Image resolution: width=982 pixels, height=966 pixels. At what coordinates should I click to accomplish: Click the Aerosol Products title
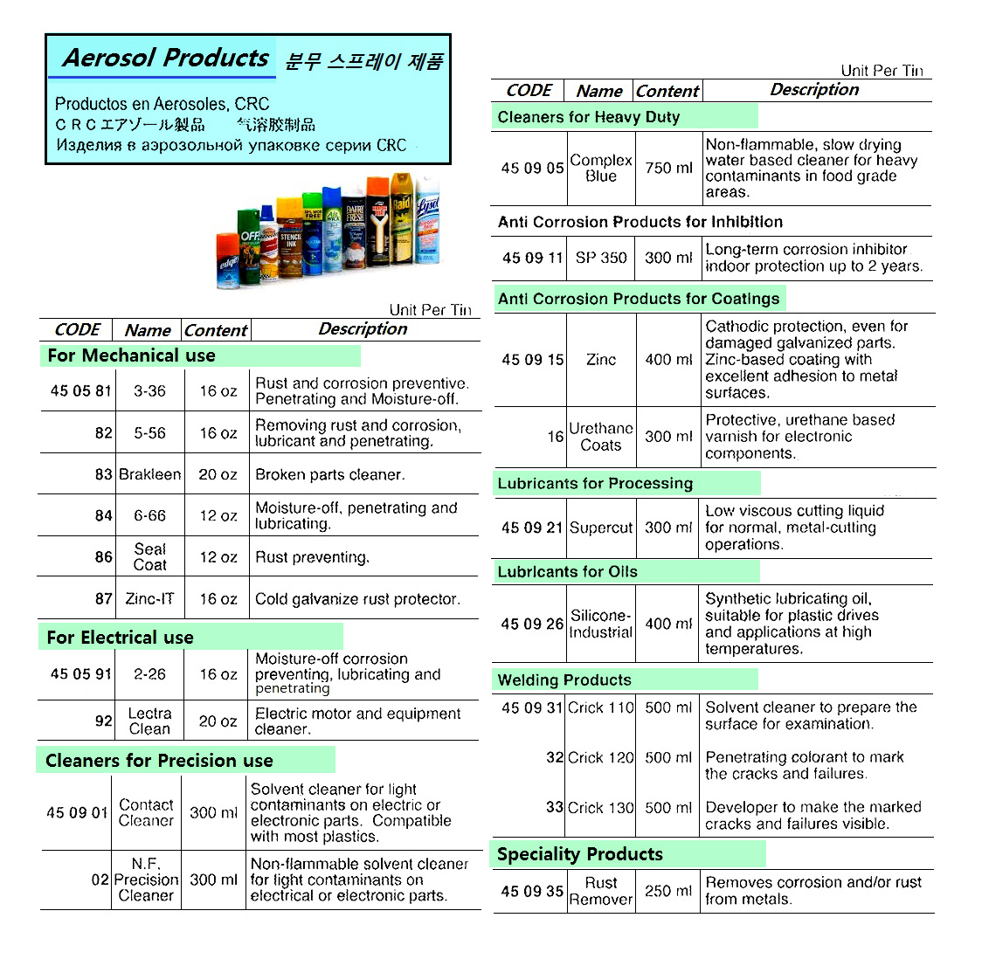click(x=166, y=59)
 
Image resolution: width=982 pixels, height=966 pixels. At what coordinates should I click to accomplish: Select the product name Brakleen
click(x=149, y=474)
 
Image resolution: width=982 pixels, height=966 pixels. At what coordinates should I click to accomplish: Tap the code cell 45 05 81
click(x=81, y=390)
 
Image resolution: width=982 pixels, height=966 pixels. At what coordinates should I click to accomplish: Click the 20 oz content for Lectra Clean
click(x=218, y=721)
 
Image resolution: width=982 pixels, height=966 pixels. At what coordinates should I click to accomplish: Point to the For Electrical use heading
click(x=120, y=638)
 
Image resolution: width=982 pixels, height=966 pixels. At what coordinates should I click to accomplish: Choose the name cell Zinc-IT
click(x=149, y=599)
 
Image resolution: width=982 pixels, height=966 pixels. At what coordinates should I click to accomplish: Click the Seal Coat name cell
click(x=149, y=557)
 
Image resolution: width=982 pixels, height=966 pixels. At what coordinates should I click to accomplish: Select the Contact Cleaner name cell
click(x=146, y=812)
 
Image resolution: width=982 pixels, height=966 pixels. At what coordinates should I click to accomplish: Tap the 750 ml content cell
click(x=668, y=168)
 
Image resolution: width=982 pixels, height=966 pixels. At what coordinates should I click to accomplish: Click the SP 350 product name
click(x=601, y=258)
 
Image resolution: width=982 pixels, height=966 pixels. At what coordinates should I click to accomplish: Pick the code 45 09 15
click(x=532, y=359)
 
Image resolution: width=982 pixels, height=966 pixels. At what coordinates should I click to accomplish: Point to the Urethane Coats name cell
click(x=601, y=437)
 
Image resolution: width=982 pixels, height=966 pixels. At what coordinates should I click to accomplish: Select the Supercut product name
click(x=601, y=528)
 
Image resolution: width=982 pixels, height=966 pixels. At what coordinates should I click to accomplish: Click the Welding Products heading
click(x=564, y=680)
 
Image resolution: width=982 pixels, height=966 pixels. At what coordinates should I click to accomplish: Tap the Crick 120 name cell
click(x=601, y=757)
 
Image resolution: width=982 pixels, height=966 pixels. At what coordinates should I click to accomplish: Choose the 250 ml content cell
click(x=668, y=891)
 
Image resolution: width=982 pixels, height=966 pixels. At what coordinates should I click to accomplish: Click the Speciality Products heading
click(x=580, y=854)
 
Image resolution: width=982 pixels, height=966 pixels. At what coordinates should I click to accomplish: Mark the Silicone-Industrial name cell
click(x=601, y=624)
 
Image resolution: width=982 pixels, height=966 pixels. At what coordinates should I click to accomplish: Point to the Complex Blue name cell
click(x=601, y=168)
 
